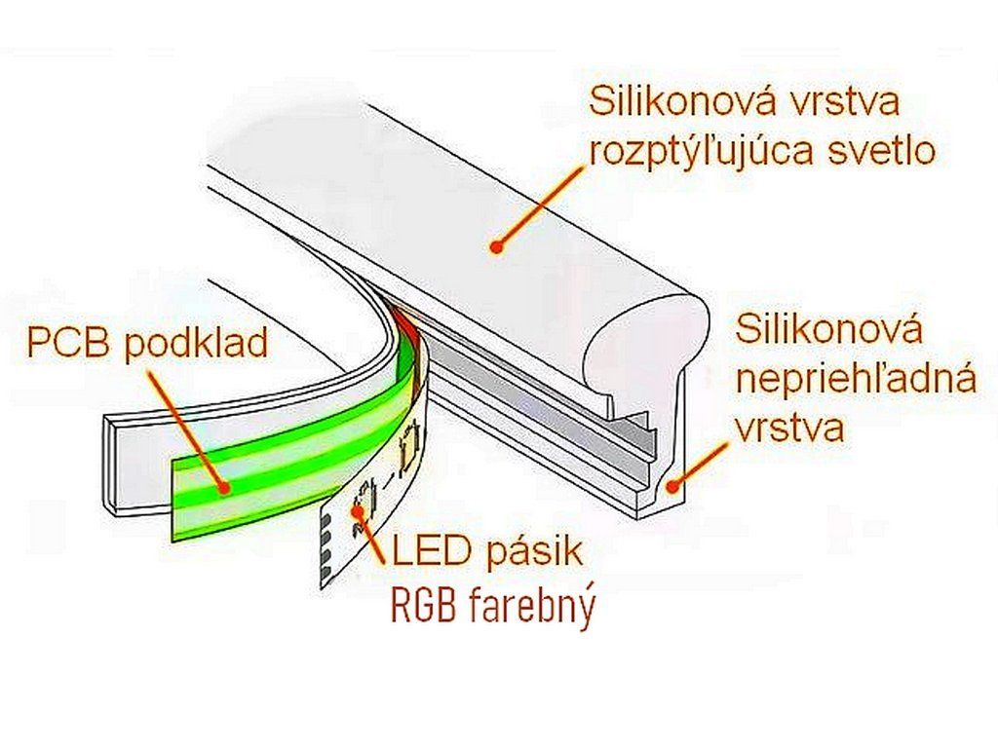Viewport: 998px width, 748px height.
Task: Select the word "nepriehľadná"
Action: click(x=856, y=379)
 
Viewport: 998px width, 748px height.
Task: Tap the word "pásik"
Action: click(x=533, y=553)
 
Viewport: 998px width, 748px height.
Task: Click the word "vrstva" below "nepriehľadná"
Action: click(x=789, y=428)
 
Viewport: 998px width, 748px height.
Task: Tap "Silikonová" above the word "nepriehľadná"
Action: click(x=828, y=329)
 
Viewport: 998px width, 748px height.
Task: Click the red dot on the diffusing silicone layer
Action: click(x=497, y=247)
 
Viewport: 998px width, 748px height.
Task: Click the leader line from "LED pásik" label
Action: click(x=375, y=536)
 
